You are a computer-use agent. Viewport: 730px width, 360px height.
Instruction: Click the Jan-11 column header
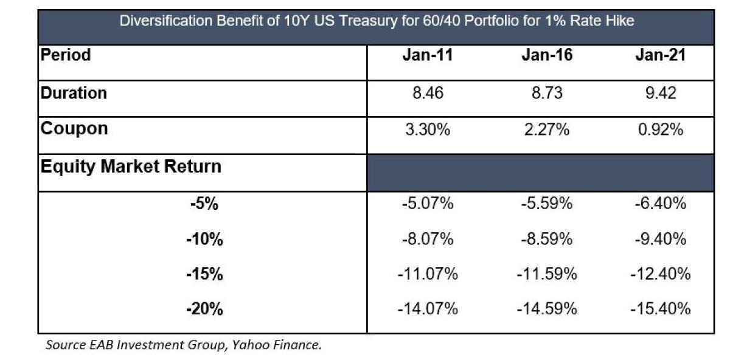click(x=427, y=55)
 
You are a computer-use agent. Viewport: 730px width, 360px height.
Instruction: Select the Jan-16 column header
click(x=546, y=55)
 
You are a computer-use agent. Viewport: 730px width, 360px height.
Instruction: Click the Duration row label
click(x=74, y=93)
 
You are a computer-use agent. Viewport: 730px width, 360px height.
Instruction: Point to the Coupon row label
click(x=74, y=129)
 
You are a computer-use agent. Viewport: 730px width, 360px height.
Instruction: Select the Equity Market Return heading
click(x=131, y=166)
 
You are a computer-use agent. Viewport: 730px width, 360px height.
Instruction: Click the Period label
click(x=66, y=55)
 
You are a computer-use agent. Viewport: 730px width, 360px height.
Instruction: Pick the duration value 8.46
click(x=427, y=93)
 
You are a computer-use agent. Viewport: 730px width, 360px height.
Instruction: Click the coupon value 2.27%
click(x=546, y=129)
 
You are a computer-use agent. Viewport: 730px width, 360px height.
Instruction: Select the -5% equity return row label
click(x=204, y=204)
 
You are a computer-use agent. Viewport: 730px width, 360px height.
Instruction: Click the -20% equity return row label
click(x=204, y=310)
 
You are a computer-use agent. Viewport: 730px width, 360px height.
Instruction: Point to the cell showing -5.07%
click(x=427, y=204)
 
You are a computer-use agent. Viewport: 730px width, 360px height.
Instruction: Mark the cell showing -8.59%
click(x=546, y=240)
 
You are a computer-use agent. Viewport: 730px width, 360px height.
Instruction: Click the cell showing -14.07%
click(x=427, y=310)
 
